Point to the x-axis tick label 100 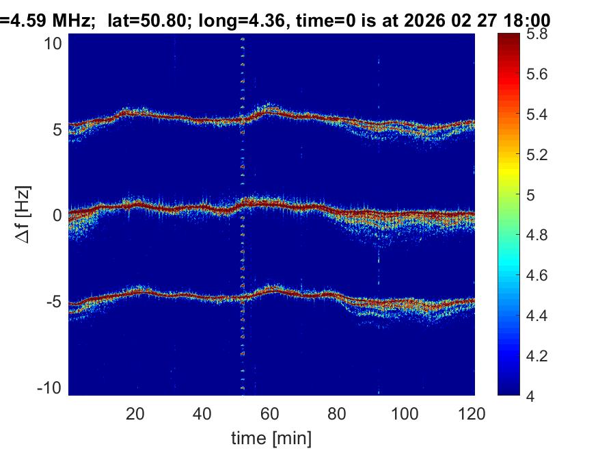405,414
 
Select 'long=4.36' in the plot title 224,21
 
